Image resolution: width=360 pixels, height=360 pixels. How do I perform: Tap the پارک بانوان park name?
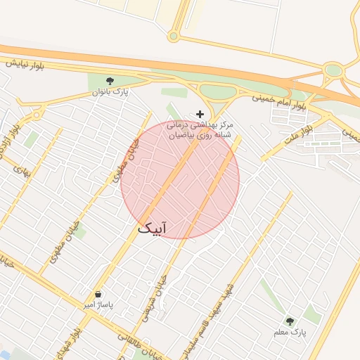[110, 91]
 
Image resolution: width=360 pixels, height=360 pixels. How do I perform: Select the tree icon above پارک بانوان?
[110, 81]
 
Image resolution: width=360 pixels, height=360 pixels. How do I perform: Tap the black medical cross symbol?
[200, 114]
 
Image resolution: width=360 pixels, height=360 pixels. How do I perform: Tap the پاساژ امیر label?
[98, 305]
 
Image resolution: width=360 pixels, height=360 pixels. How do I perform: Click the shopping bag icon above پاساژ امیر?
[98, 294]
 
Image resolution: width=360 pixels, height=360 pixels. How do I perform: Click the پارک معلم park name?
[290, 331]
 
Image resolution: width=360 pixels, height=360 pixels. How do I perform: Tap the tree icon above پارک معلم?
[290, 321]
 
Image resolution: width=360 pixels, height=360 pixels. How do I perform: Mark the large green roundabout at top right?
[333, 70]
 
